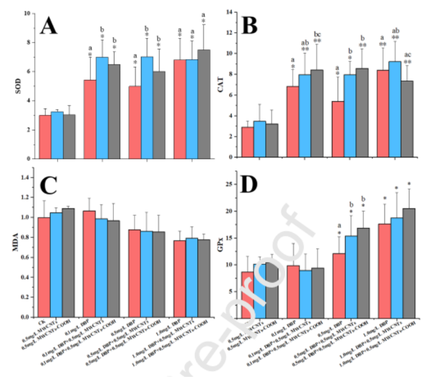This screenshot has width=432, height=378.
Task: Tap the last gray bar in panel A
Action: point(203,103)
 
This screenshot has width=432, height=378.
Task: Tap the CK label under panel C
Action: point(40,323)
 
